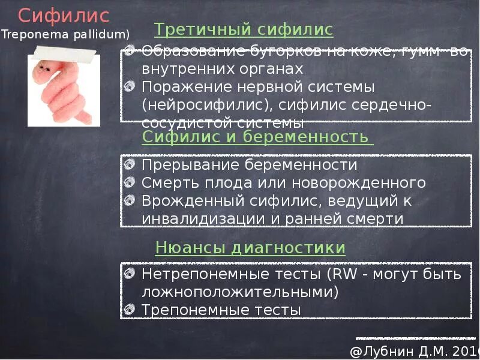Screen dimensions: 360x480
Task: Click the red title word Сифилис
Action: tap(63, 15)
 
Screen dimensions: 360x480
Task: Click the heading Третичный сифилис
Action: tap(244, 30)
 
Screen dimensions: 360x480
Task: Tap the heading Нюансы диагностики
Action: tap(250, 247)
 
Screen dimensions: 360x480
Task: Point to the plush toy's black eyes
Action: tap(44, 69)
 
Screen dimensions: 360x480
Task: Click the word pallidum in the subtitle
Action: tap(101, 35)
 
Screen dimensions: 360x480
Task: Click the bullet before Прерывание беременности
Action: tap(130, 164)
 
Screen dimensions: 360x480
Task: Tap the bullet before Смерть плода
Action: tap(130, 182)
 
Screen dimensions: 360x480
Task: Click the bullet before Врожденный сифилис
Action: tap(130, 200)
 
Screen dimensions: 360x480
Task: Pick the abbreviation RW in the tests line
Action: tap(344, 275)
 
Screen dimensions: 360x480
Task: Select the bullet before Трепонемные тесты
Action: tap(130, 310)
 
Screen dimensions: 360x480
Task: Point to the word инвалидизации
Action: tap(203, 218)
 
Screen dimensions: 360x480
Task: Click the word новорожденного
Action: tap(369, 182)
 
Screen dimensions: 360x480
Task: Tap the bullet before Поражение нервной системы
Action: tap(130, 86)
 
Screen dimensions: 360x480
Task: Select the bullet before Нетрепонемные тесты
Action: tap(130, 275)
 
